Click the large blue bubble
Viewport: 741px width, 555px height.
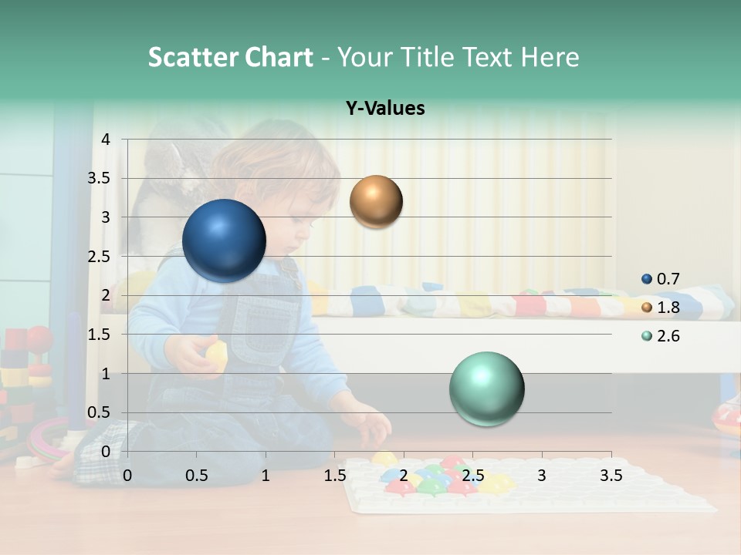tap(224, 240)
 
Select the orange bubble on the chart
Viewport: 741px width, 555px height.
tap(376, 201)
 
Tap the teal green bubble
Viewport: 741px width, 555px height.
tap(486, 388)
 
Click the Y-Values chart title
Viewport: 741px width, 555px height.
tap(384, 109)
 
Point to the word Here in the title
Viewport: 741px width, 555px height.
tap(550, 57)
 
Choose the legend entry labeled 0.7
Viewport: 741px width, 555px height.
tap(661, 279)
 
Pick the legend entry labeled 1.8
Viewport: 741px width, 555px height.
tap(661, 308)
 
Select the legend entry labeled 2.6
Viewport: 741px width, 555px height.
tap(661, 336)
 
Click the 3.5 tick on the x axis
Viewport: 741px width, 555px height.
tap(611, 476)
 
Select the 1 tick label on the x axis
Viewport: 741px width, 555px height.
tap(266, 476)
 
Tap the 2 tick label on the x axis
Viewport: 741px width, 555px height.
tap(403, 476)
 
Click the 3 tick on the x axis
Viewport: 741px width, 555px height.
tap(541, 476)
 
